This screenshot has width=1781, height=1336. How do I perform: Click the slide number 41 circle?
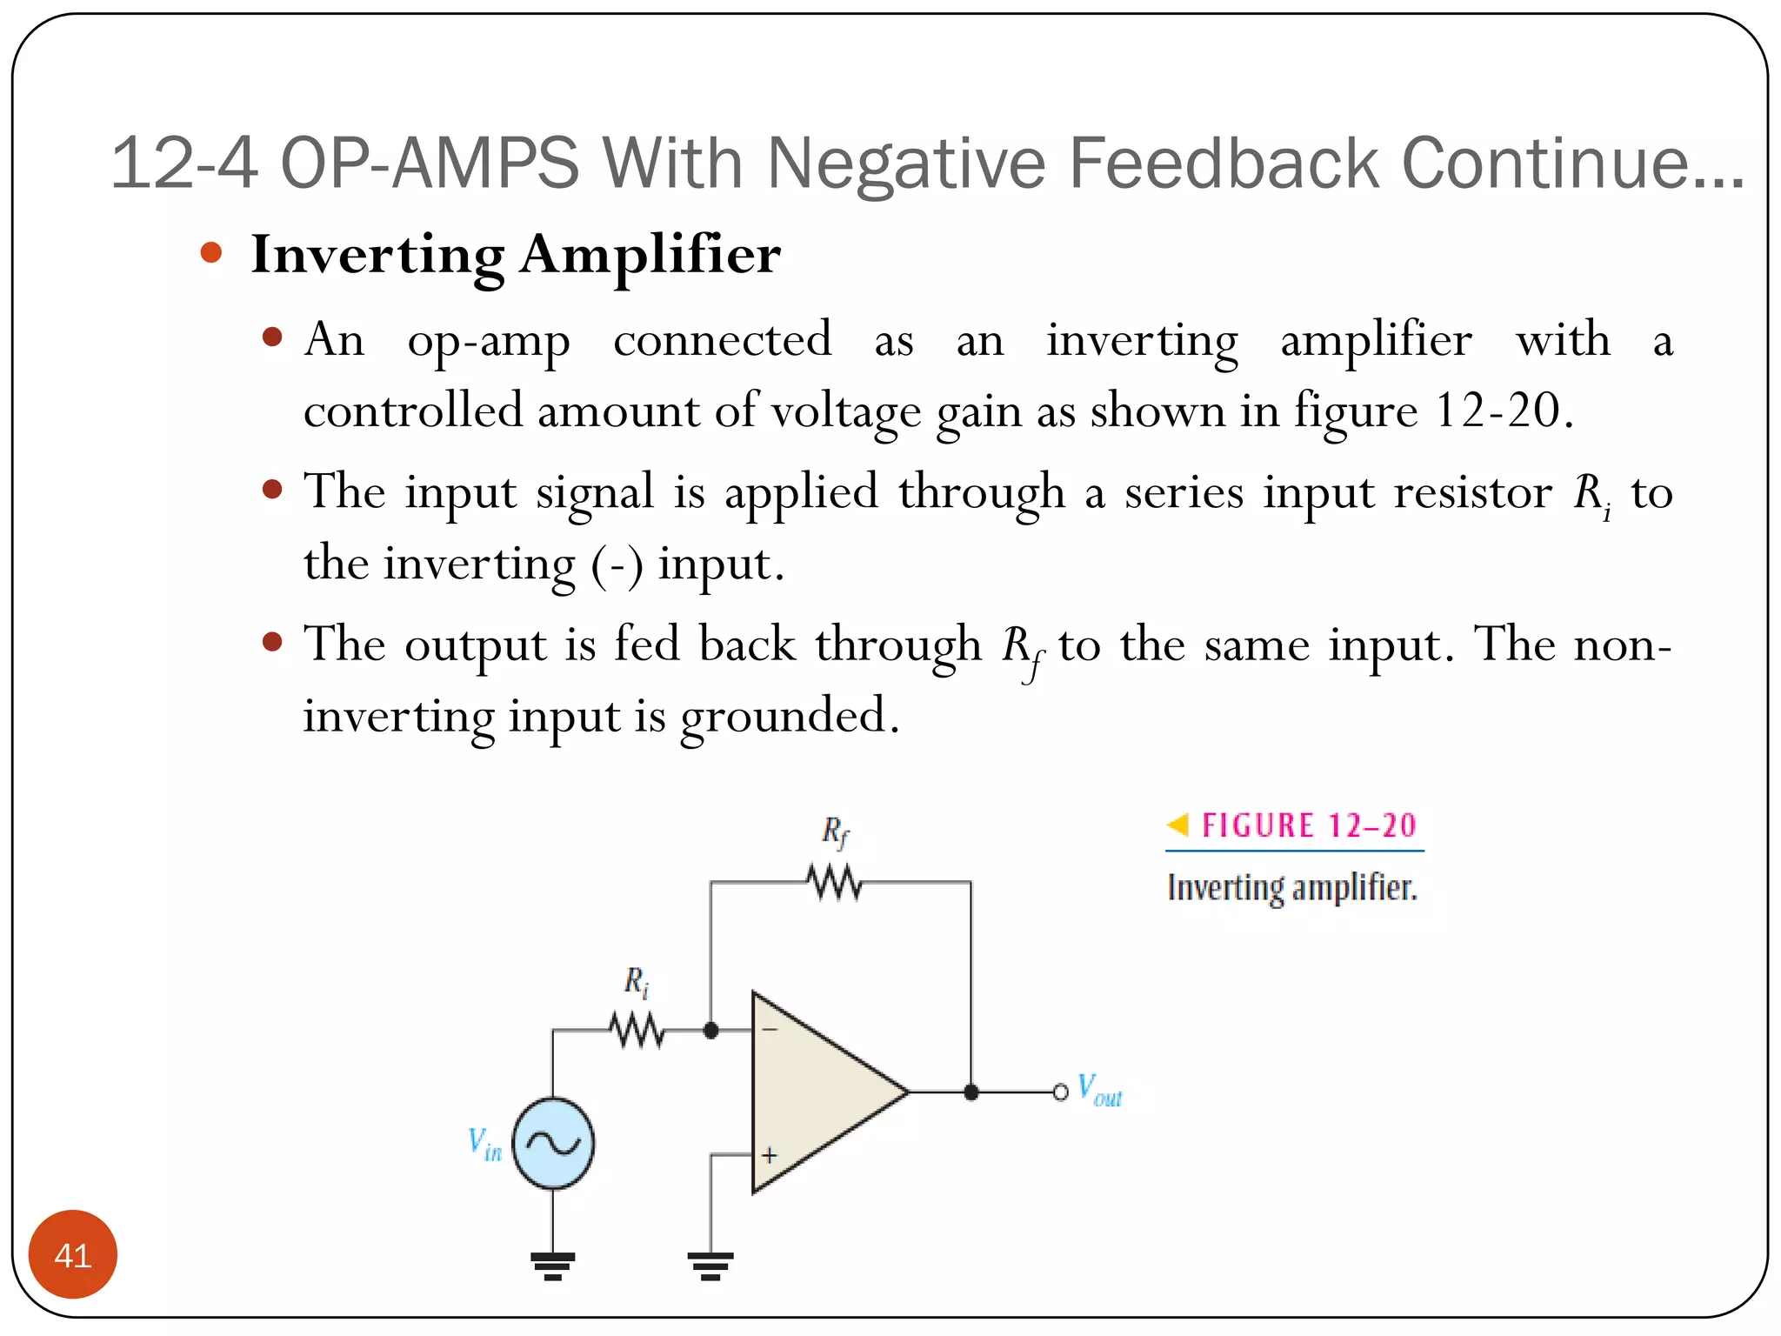click(x=73, y=1254)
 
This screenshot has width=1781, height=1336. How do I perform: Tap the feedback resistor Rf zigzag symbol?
click(x=835, y=883)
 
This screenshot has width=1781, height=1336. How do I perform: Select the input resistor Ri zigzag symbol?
click(x=637, y=1031)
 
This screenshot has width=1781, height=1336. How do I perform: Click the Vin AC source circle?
click(x=553, y=1143)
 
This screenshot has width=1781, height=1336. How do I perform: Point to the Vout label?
click(x=1099, y=1091)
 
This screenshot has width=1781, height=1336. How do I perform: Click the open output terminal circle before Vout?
click(x=1060, y=1092)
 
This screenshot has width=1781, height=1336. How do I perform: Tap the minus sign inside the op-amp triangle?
click(x=770, y=1030)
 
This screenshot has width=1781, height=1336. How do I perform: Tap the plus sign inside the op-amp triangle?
click(x=770, y=1156)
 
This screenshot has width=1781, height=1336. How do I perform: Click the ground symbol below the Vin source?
click(x=553, y=1266)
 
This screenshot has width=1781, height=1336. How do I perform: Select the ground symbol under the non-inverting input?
click(x=710, y=1266)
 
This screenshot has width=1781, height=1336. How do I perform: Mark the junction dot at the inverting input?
click(x=710, y=1031)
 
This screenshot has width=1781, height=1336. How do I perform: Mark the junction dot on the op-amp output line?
click(x=971, y=1092)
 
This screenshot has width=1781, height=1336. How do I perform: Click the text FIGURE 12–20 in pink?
click(x=1309, y=825)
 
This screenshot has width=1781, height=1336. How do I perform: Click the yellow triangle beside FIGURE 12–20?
click(x=1177, y=824)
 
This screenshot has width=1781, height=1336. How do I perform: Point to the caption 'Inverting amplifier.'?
click(x=1292, y=888)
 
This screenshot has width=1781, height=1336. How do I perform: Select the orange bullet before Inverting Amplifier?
click(x=211, y=253)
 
